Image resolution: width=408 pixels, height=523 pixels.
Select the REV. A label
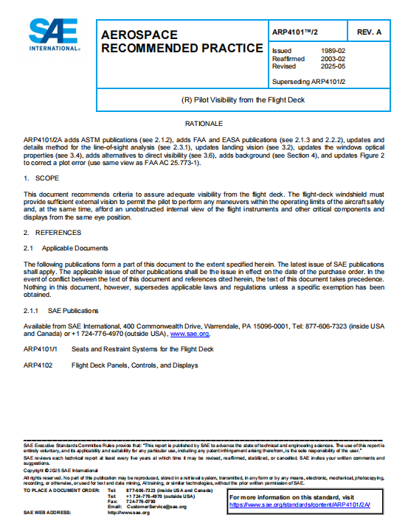[x=369, y=32]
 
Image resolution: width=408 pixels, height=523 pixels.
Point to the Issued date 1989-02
[x=331, y=50]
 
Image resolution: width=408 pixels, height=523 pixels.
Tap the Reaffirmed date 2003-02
[x=331, y=58]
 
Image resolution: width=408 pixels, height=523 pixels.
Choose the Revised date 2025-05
[x=331, y=66]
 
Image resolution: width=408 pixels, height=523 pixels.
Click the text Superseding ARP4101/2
[x=308, y=81]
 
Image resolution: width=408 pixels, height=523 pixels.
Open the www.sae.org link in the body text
[x=187, y=334]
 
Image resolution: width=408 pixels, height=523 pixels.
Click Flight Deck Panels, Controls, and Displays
[x=134, y=365]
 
